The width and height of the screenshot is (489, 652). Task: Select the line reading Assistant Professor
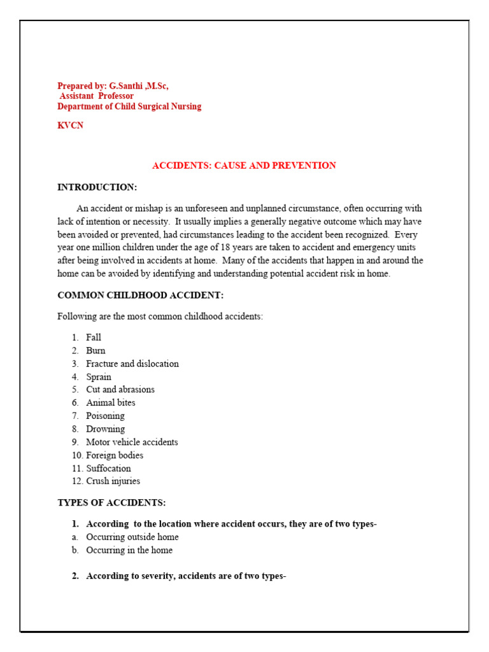point(96,96)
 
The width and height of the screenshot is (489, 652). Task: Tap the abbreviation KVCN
point(70,125)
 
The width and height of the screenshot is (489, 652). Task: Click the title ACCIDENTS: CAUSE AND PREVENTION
point(244,166)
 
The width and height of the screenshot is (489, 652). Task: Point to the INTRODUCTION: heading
point(97,187)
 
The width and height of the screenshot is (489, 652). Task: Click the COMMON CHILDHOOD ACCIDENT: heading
point(140,295)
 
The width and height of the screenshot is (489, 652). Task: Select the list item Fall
point(94,337)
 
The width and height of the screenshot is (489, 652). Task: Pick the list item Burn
point(96,351)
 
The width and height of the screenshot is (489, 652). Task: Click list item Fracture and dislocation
point(132,364)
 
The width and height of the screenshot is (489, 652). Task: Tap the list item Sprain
point(99,377)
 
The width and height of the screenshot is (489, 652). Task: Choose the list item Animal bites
point(111,403)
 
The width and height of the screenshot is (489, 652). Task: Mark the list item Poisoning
point(105,416)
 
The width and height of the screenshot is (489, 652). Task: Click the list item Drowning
point(105,429)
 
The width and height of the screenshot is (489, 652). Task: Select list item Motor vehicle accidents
point(132,442)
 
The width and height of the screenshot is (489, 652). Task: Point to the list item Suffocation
point(108,468)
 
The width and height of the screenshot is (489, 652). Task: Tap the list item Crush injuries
point(113,481)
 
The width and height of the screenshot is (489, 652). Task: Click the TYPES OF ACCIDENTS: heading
point(111,502)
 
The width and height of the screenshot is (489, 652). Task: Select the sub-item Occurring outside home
point(132,537)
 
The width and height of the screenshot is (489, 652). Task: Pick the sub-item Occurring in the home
point(129,550)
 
